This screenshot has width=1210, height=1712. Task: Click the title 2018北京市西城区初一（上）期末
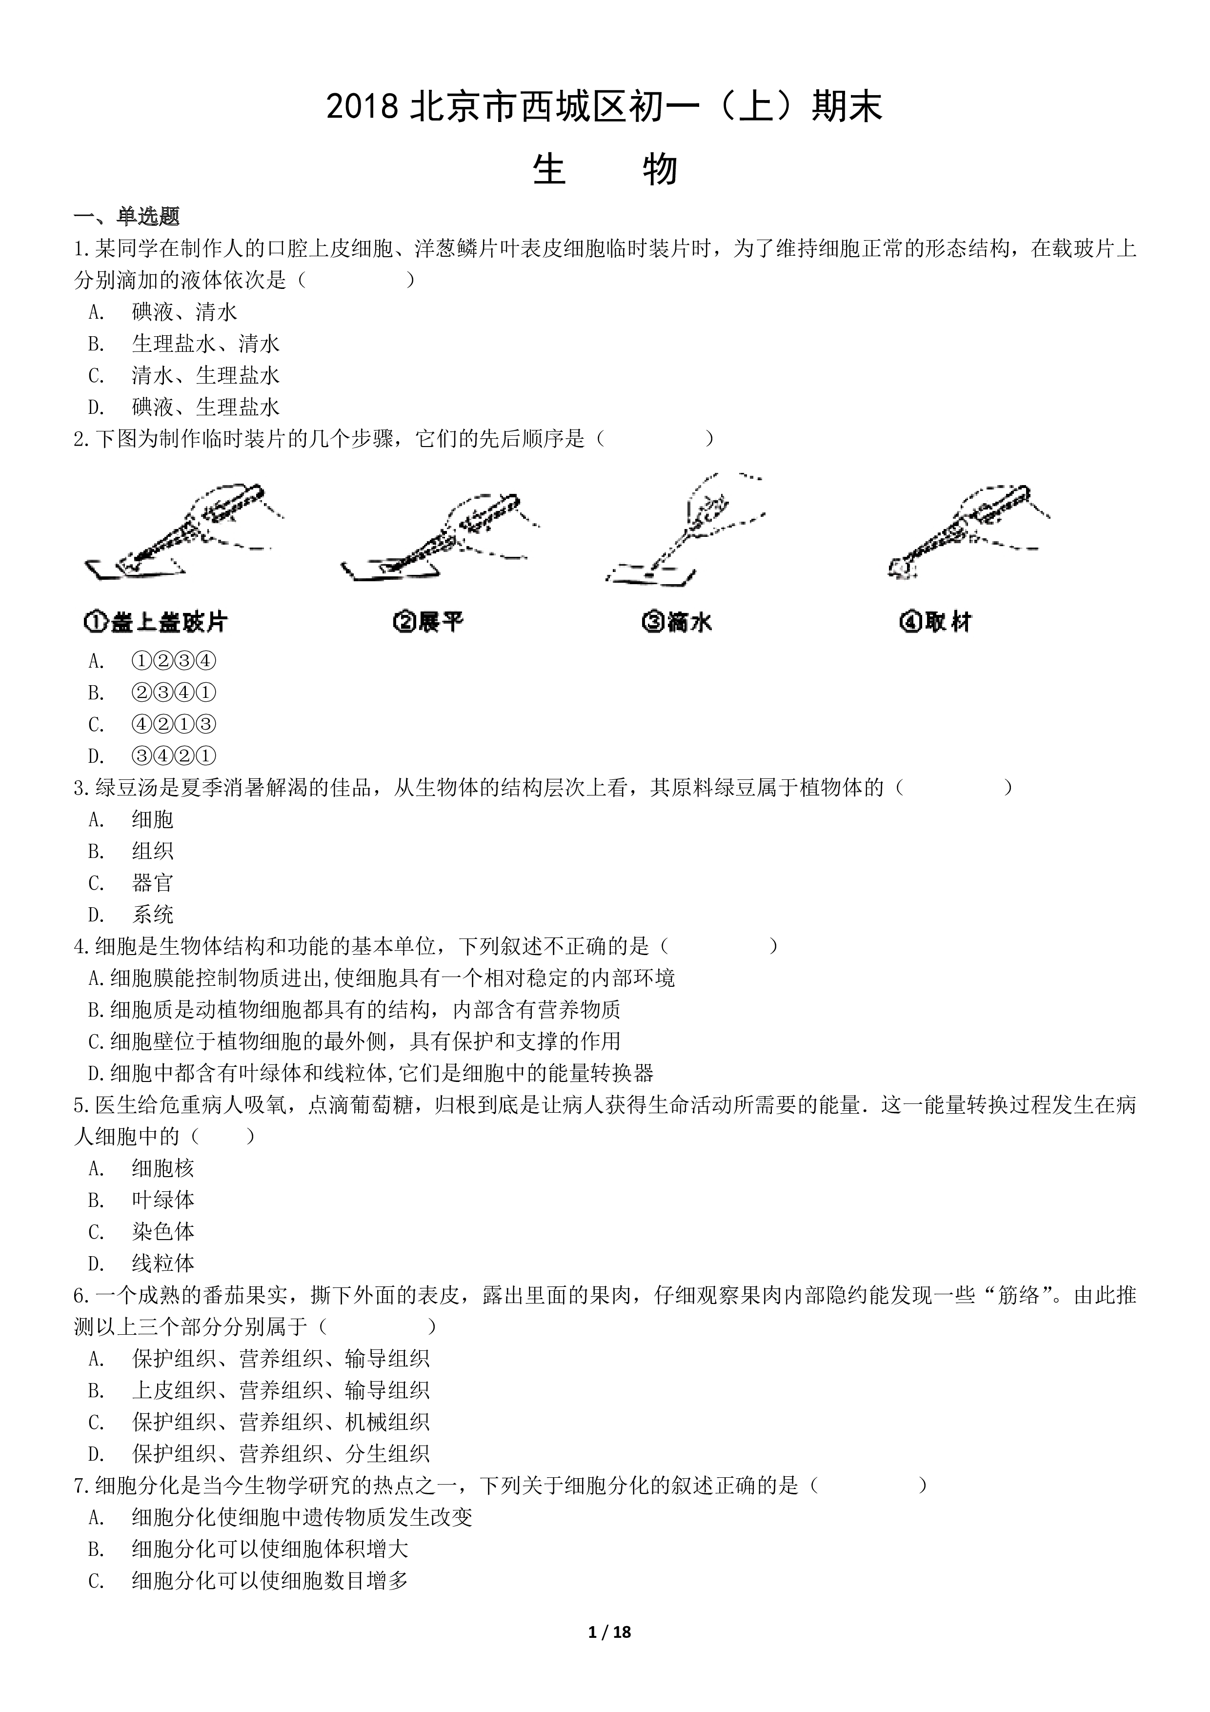tap(605, 107)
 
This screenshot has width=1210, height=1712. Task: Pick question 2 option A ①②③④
tap(174, 661)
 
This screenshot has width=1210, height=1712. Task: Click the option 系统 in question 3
tap(152, 915)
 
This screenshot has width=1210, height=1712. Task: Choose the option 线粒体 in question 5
tap(162, 1264)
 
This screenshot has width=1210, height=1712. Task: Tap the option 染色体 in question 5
tap(162, 1232)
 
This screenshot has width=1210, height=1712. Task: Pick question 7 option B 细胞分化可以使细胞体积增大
tap(269, 1549)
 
